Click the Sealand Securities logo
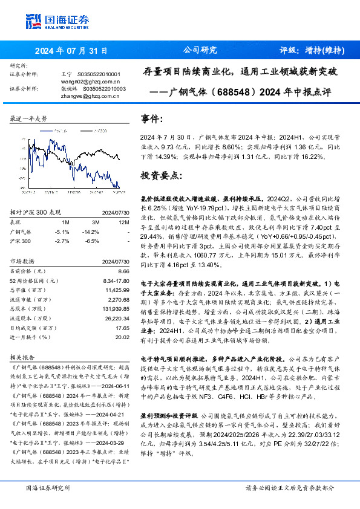click(x=49, y=22)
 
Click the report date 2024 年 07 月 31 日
click(x=71, y=50)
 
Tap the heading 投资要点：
click(x=160, y=176)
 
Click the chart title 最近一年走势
click(x=28, y=118)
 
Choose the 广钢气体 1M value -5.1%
click(x=62, y=231)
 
